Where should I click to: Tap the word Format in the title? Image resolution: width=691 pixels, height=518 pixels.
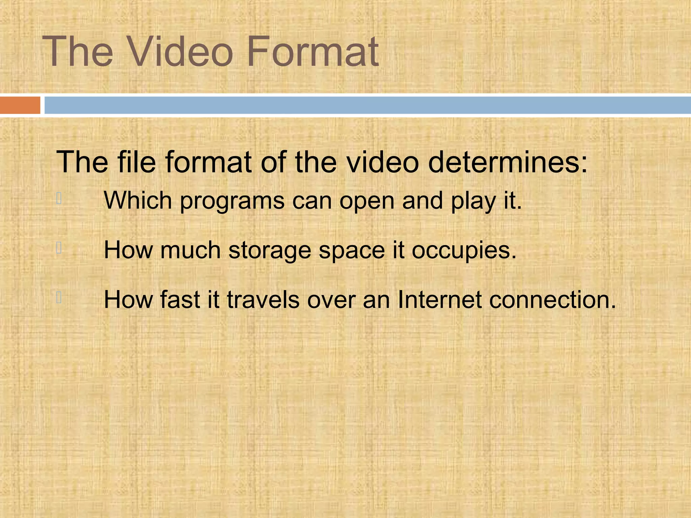[x=313, y=52]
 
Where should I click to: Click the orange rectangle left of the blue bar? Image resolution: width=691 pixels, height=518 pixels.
[x=20, y=105]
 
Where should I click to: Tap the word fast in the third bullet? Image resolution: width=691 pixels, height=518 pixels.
[x=180, y=300]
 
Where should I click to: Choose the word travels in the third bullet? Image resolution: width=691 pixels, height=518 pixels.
[x=263, y=300]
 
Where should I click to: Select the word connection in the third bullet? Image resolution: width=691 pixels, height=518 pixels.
[x=549, y=300]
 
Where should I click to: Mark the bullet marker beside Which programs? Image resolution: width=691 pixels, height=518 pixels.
[x=59, y=198]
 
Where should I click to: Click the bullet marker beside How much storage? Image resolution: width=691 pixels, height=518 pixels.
[x=59, y=248]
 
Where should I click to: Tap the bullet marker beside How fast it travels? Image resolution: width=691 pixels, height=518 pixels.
[x=59, y=297]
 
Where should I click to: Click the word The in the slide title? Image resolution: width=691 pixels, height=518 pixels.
[x=77, y=52]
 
